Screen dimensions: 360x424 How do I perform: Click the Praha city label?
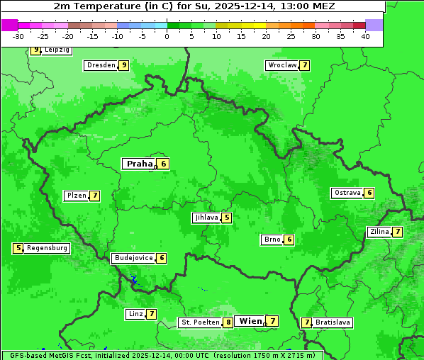pyautogui.click(x=139, y=164)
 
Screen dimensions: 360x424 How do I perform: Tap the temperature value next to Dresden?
pyautogui.click(x=123, y=65)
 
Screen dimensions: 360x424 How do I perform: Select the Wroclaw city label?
pyautogui.click(x=281, y=65)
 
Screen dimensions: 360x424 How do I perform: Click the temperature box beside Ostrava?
pyautogui.click(x=369, y=193)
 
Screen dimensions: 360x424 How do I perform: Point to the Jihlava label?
pyautogui.click(x=206, y=218)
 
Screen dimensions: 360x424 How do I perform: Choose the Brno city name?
pyautogui.click(x=272, y=240)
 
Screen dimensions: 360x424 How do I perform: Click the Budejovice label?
pyautogui.click(x=133, y=258)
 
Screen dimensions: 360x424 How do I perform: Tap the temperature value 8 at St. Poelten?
pyautogui.click(x=228, y=322)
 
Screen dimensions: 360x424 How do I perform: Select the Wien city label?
pyautogui.click(x=250, y=321)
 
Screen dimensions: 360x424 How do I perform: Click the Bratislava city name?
pyautogui.click(x=333, y=322)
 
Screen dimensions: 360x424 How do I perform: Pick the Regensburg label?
pyautogui.click(x=48, y=248)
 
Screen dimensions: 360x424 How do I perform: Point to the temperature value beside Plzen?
pyautogui.click(x=94, y=196)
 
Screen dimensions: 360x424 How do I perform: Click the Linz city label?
pyautogui.click(x=135, y=314)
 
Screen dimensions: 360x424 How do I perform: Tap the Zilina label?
pyautogui.click(x=379, y=232)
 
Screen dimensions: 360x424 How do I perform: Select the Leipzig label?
pyautogui.click(x=56, y=50)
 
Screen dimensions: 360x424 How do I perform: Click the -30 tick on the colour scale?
pyautogui.click(x=18, y=36)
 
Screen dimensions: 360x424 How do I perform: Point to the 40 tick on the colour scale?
pyautogui.click(x=365, y=36)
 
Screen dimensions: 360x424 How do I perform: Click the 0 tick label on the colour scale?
pyautogui.click(x=167, y=36)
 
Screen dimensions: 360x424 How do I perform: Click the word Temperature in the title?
pyautogui.click(x=101, y=6)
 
